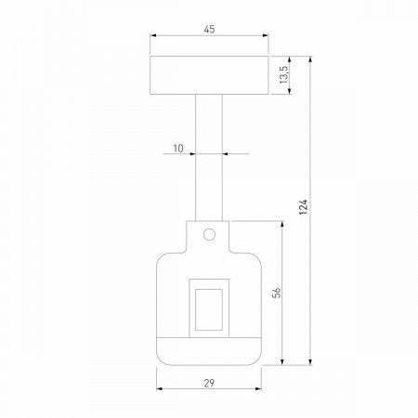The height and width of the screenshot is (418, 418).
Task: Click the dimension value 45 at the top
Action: click(209, 30)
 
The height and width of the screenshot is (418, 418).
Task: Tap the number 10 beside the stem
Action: click(178, 146)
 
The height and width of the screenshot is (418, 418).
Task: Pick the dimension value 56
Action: click(276, 293)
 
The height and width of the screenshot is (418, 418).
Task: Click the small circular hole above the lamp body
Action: click(210, 232)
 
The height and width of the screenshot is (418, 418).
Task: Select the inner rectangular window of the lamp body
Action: click(209, 307)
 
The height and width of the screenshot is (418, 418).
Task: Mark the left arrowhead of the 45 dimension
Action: click(152, 37)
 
